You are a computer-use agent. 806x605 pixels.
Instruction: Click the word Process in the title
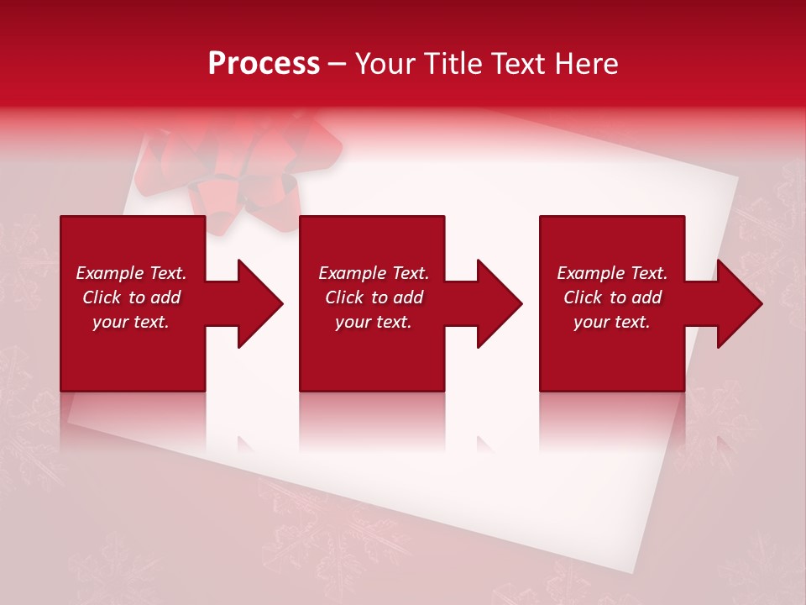[x=264, y=64]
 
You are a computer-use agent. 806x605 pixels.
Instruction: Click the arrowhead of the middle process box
[x=498, y=303]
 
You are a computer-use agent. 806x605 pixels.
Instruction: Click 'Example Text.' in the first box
[x=131, y=273]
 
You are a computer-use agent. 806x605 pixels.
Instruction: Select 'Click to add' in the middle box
[x=374, y=297]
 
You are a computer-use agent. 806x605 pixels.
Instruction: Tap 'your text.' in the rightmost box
[x=612, y=322]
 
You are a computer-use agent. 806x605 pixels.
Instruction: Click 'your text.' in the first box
[x=131, y=322]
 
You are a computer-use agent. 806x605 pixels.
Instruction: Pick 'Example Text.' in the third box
[x=612, y=273]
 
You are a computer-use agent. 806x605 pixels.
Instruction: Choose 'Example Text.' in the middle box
[x=374, y=273]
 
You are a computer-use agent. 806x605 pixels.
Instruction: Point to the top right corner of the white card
[x=736, y=179]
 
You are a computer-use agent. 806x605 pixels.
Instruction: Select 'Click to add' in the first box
[x=131, y=297]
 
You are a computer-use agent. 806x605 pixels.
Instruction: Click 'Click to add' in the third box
[x=612, y=297]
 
